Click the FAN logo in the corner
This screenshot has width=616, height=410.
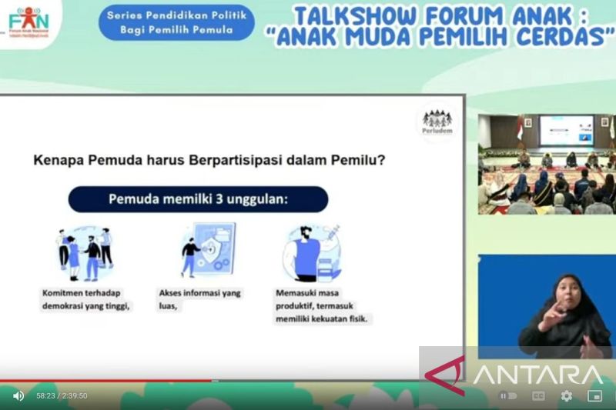pyautogui.click(x=29, y=21)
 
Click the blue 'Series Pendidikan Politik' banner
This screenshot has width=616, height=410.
pyautogui.click(x=176, y=22)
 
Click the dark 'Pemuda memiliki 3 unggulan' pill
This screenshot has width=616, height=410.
pyautogui.click(x=198, y=198)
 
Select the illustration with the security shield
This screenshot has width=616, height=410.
pyautogui.click(x=209, y=249)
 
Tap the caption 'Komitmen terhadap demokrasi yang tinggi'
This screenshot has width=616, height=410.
pyautogui.click(x=85, y=299)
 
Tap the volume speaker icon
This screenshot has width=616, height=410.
pyautogui.click(x=18, y=395)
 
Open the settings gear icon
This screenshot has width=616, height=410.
pyautogui.click(x=567, y=395)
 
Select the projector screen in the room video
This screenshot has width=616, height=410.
pyautogui.click(x=565, y=130)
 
